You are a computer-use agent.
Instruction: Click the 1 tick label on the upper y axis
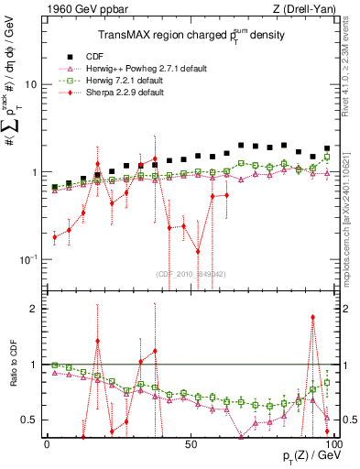(33, 173)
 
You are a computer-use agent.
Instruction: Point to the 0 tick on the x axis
(47, 443)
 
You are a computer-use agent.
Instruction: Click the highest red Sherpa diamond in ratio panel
(313, 318)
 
